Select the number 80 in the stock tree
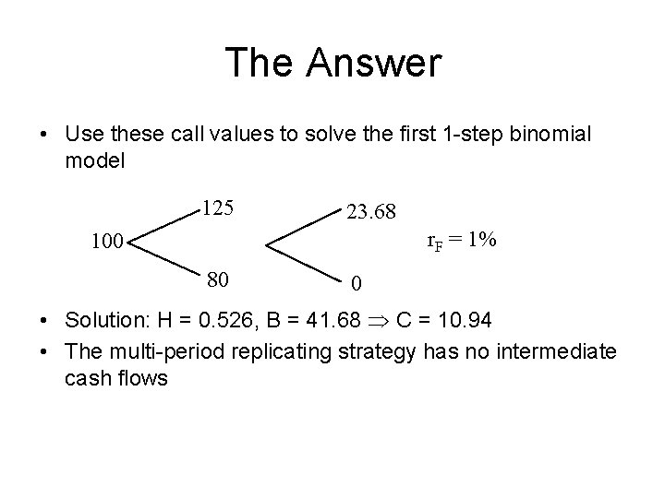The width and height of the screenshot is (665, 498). (219, 278)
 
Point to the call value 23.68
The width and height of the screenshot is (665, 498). (371, 212)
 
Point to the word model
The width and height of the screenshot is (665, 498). (93, 160)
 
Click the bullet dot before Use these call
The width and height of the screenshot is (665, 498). (45, 135)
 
